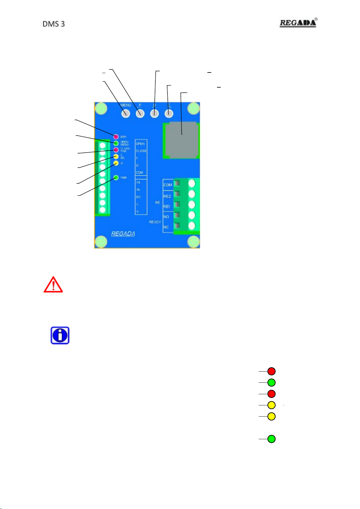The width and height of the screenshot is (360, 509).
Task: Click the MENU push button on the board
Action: [x=126, y=114]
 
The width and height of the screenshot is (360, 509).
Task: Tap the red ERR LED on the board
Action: [x=116, y=137]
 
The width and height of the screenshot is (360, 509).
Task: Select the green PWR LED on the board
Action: [x=116, y=178]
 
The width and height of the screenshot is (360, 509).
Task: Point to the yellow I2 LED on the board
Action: [x=116, y=163]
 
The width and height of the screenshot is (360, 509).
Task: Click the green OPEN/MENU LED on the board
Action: [x=116, y=143]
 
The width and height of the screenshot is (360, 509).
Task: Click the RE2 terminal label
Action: [x=167, y=196]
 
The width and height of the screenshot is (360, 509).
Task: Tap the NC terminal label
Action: [x=166, y=227]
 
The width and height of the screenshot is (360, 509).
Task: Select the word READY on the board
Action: [x=155, y=222]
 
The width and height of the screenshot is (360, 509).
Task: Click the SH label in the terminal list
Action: [x=138, y=197]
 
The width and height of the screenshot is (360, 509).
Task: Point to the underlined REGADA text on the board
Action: [x=123, y=234]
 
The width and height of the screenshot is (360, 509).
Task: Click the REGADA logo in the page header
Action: [x=298, y=23]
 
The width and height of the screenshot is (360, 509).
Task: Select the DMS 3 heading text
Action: [x=54, y=24]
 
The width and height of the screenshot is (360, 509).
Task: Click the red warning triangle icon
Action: [x=53, y=285]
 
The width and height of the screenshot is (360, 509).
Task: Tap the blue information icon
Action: [x=60, y=335]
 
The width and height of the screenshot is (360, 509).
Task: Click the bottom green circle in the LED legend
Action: [x=271, y=439]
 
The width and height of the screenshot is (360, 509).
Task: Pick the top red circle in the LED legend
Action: [x=271, y=371]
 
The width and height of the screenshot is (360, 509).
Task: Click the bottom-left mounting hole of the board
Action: [x=101, y=242]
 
